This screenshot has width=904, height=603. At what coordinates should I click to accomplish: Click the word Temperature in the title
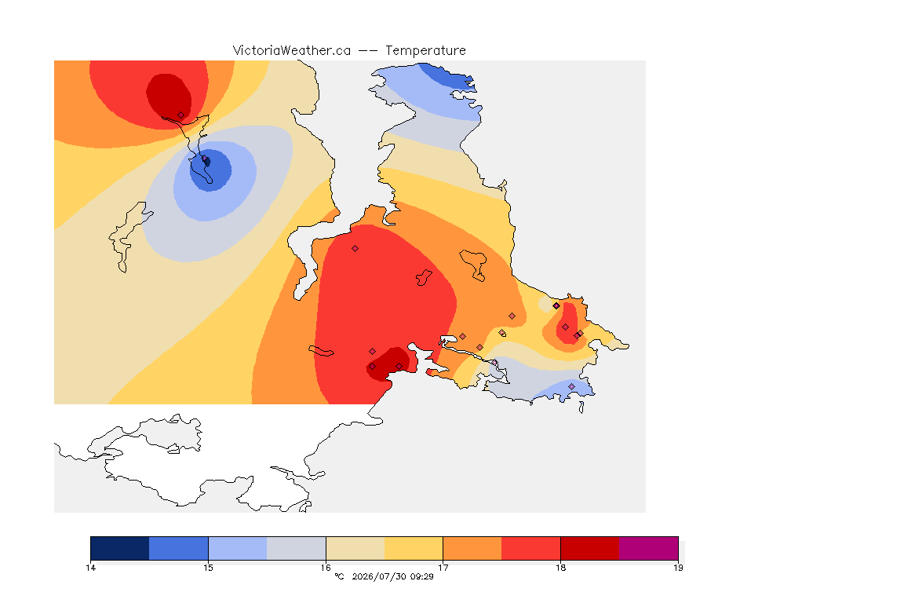coord(425,51)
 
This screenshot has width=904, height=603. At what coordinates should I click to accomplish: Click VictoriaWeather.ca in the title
coord(292,51)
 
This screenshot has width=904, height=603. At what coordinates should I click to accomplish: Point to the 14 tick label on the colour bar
coord(90,568)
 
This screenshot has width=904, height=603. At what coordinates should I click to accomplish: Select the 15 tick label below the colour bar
coord(208,568)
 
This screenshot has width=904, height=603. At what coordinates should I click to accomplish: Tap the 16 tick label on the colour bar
coord(326,568)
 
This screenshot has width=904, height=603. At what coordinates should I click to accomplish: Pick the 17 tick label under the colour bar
coord(443,568)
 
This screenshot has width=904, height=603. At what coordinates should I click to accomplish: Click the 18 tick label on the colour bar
coord(560,568)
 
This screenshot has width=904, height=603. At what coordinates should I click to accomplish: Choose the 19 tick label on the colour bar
coord(678,568)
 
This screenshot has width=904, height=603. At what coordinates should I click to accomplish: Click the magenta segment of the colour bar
coord(649,548)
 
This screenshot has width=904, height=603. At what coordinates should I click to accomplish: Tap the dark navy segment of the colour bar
coord(120,548)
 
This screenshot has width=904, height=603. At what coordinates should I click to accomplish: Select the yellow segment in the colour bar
coord(414,548)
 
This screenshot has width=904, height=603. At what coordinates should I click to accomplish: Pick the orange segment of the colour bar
coord(472,548)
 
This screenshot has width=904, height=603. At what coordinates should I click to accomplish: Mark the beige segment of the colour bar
coord(355,548)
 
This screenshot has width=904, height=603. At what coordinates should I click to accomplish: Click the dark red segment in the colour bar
coord(590,548)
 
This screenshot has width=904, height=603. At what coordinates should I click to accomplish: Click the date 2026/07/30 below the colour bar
coord(379,576)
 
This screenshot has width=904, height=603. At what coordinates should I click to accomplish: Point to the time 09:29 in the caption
coord(422,576)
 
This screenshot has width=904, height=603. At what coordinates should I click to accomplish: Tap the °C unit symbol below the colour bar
coord(339,576)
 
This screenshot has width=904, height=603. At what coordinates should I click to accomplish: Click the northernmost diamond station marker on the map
coord(181,115)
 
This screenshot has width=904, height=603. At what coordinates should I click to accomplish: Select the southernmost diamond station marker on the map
coord(572,386)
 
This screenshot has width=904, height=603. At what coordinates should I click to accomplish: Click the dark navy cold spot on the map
coord(207,162)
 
